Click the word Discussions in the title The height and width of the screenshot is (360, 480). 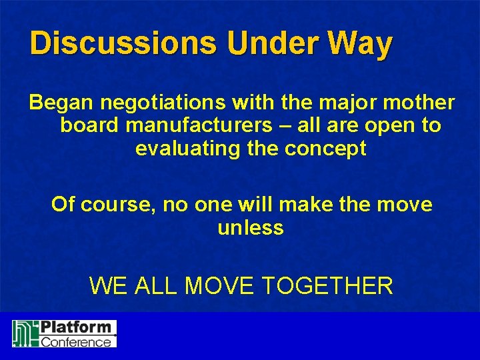coord(123,44)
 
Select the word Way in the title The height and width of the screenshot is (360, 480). coord(361,44)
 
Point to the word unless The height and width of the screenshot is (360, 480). coord(251,227)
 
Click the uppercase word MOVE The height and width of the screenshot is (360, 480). coord(220,286)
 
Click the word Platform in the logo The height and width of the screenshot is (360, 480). coord(77,327)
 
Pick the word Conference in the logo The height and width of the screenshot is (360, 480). coord(77,341)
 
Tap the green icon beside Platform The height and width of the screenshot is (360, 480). coord(25,333)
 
